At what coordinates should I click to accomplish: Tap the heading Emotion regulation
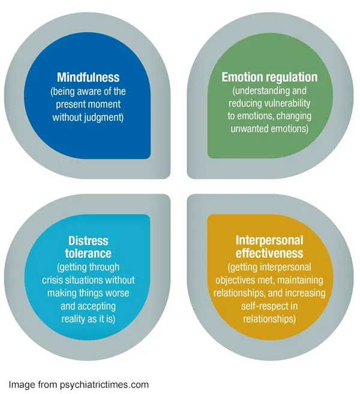click(x=269, y=77)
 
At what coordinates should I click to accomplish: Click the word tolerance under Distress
click(x=88, y=253)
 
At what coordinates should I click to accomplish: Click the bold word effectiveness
click(x=269, y=253)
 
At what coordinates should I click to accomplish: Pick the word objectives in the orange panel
click(x=239, y=280)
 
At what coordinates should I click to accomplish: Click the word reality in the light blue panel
click(x=73, y=319)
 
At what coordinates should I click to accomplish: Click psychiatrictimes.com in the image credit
click(x=105, y=384)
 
